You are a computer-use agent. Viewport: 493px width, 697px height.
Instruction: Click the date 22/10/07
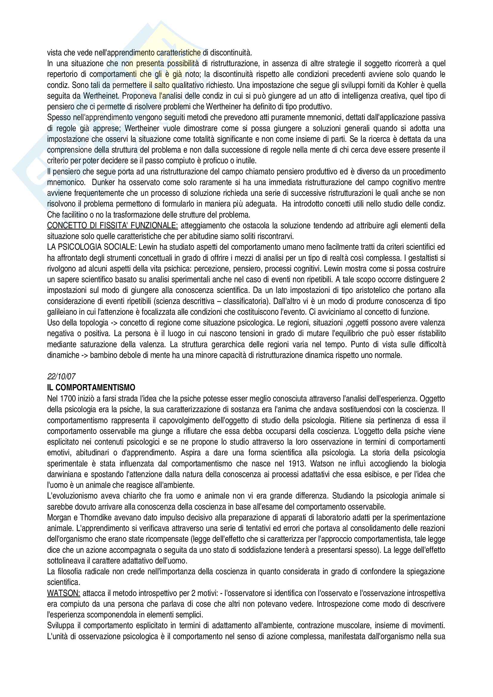click(x=61, y=377)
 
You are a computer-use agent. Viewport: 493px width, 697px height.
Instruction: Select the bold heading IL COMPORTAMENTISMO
click(x=91, y=388)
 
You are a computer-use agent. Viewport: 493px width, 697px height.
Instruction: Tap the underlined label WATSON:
click(x=64, y=593)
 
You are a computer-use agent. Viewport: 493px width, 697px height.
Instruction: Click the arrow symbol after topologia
click(x=113, y=323)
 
